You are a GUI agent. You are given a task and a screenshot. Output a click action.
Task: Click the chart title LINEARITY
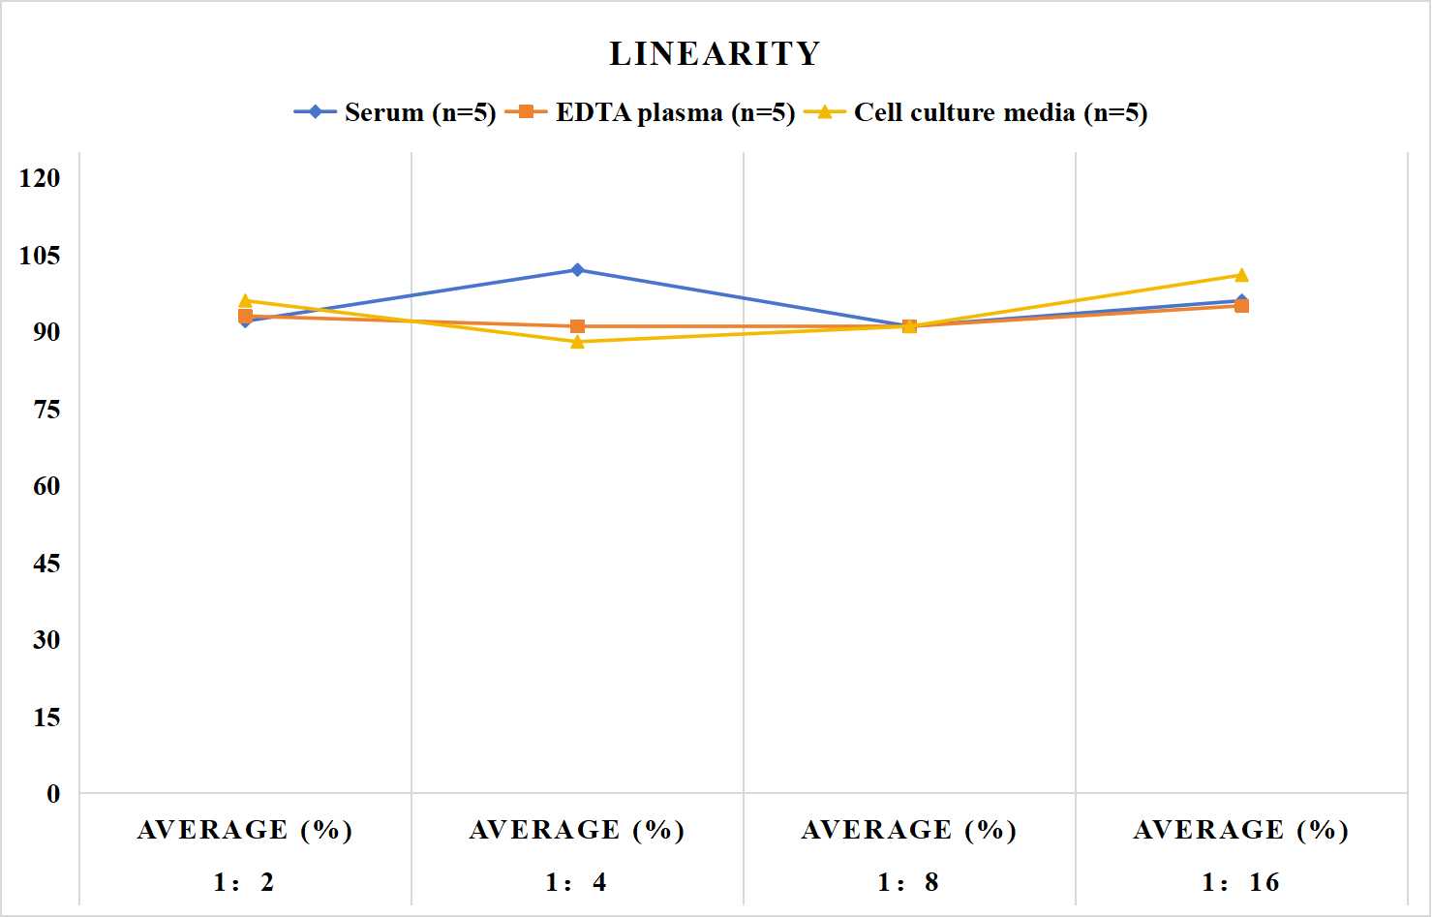pos(715,53)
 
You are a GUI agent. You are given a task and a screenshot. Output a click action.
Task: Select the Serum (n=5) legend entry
pos(395,112)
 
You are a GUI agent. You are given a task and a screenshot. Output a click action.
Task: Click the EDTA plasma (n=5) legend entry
pos(650,112)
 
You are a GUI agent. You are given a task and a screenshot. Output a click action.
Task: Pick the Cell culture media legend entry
pos(976,112)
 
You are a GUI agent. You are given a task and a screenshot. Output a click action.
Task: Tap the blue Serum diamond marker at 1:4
pos(577,270)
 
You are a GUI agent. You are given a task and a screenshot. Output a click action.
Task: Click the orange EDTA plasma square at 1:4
pos(577,326)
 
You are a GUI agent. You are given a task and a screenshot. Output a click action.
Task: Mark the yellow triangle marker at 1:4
pos(577,342)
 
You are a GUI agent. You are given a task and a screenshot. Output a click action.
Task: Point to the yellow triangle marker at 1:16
pos(1241,275)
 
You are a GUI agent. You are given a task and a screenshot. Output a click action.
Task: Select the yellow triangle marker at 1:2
pos(245,300)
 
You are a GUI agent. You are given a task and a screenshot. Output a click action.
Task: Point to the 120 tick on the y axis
pos(40,178)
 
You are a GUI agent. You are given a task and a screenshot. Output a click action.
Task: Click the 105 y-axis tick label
pos(40,255)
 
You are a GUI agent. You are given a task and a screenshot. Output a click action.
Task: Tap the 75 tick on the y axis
pos(46,410)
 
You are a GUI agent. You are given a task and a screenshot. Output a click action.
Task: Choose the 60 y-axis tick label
pos(46,486)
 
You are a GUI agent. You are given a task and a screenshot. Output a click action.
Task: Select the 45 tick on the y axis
pos(46,564)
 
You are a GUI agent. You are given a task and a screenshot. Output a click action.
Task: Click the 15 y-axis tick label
pos(46,717)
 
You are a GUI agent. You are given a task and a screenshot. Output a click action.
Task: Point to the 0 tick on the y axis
pos(53,794)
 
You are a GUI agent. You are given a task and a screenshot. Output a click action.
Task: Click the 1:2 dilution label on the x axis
pos(244,882)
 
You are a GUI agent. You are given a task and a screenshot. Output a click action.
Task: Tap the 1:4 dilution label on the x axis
pos(577,882)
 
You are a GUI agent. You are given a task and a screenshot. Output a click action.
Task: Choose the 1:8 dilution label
pos(908,882)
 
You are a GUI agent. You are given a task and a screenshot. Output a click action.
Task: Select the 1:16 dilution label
pos(1241,882)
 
